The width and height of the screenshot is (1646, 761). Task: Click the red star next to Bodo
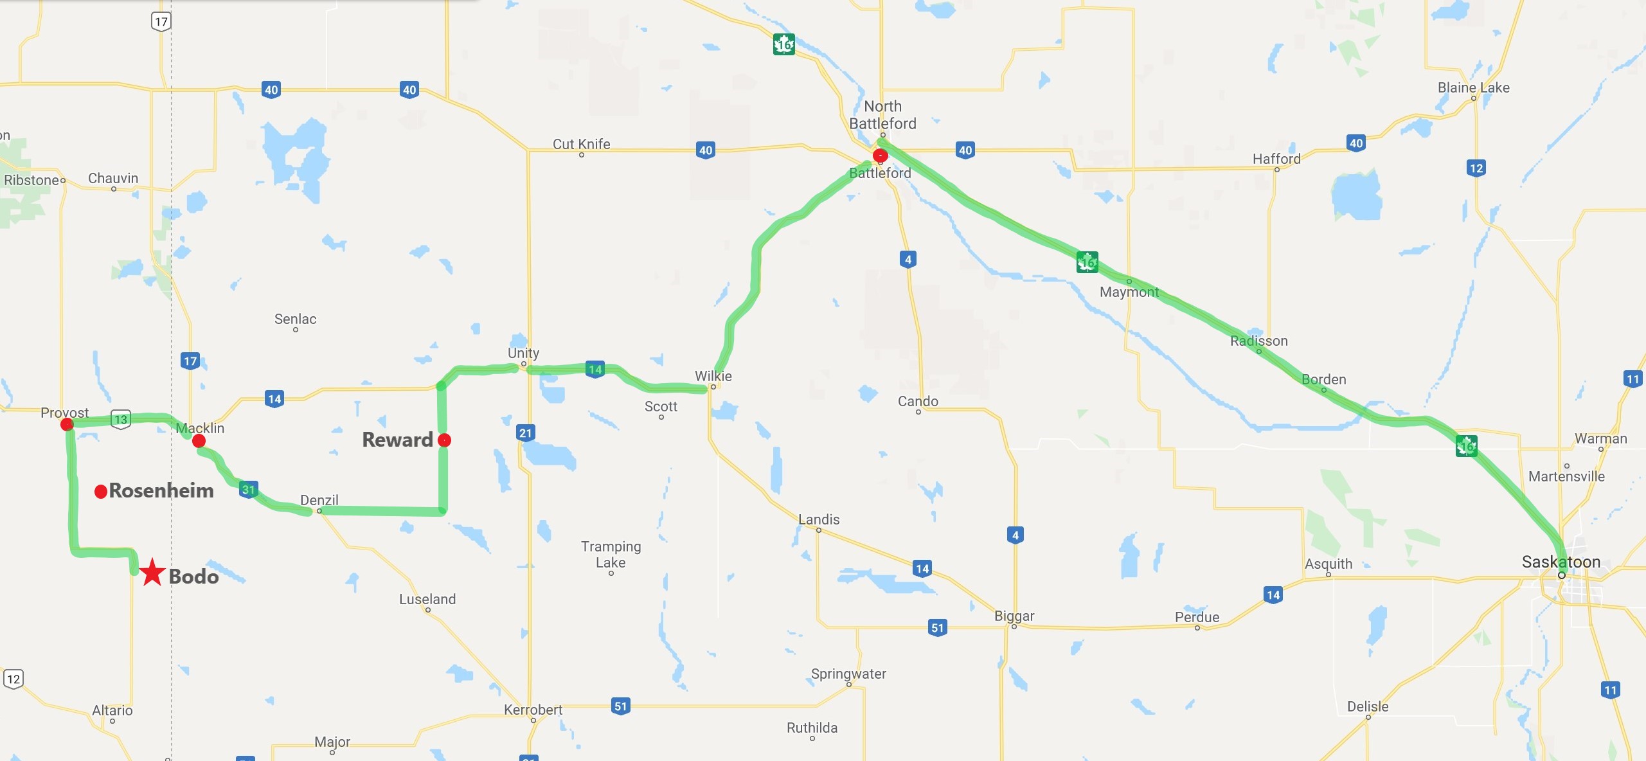pyautogui.click(x=152, y=572)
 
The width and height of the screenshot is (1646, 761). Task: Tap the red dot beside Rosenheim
pyautogui.click(x=100, y=492)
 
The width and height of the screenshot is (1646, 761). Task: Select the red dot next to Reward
pyautogui.click(x=444, y=440)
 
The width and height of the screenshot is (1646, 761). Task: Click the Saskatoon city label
pyautogui.click(x=1561, y=562)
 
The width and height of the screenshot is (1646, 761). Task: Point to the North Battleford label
pyautogui.click(x=882, y=115)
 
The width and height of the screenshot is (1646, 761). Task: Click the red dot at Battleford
pyautogui.click(x=880, y=156)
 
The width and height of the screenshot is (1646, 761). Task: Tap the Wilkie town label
pyautogui.click(x=713, y=376)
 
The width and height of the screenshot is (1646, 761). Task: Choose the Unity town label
pyautogui.click(x=523, y=353)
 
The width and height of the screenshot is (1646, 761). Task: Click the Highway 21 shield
pyautogui.click(x=526, y=433)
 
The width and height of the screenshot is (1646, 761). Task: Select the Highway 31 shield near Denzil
pyautogui.click(x=249, y=490)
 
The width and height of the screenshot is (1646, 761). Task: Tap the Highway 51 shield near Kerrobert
pyautogui.click(x=620, y=706)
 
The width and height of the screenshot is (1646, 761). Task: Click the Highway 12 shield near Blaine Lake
pyautogui.click(x=1476, y=168)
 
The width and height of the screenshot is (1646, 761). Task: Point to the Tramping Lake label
pyautogui.click(x=611, y=554)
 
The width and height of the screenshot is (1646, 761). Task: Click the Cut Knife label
pyautogui.click(x=581, y=144)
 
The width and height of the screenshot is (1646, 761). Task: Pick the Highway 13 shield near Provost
pyautogui.click(x=121, y=420)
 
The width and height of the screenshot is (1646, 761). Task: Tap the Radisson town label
pyautogui.click(x=1258, y=341)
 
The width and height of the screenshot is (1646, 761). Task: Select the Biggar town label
pyautogui.click(x=1014, y=616)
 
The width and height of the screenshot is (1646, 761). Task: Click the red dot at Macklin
pyautogui.click(x=199, y=441)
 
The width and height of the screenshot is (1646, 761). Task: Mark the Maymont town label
pyautogui.click(x=1129, y=292)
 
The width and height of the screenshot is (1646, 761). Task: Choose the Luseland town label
pyautogui.click(x=427, y=599)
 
